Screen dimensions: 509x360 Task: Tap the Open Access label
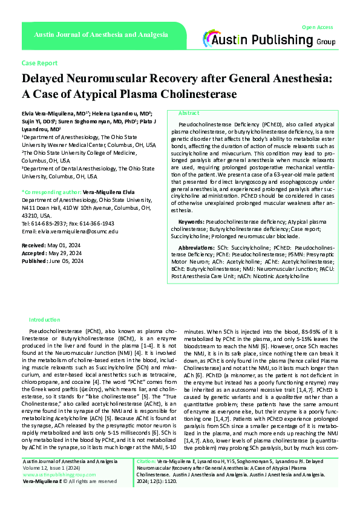317,27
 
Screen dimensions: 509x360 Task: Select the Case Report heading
39,63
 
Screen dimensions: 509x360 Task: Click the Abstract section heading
189,113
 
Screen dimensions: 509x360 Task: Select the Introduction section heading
45,319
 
